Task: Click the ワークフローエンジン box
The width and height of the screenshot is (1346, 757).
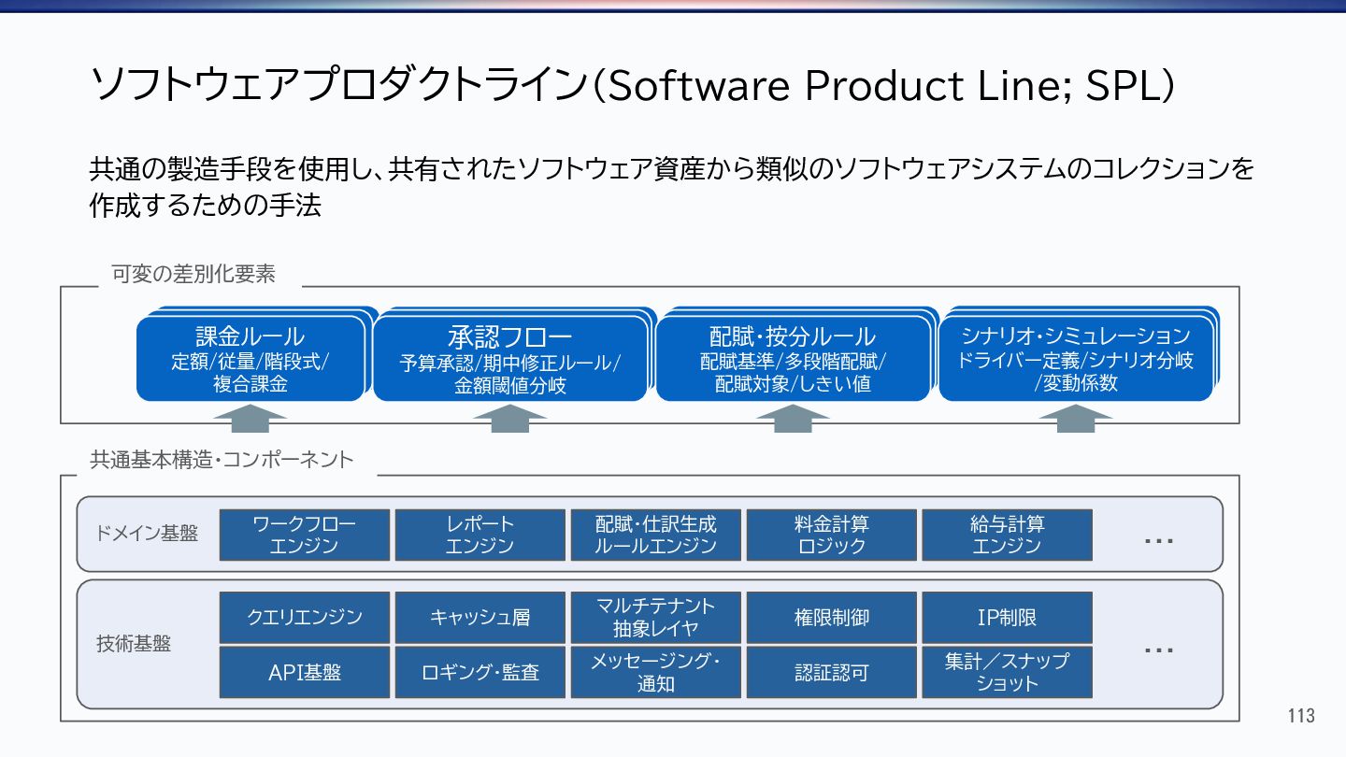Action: click(x=304, y=535)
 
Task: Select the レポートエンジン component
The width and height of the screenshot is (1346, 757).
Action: click(x=480, y=535)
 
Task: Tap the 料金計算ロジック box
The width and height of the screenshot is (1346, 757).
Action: click(x=831, y=535)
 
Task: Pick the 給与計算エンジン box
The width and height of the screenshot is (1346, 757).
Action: click(x=1007, y=535)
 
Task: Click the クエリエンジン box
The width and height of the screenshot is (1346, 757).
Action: click(x=304, y=617)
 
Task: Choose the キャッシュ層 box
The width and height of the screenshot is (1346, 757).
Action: click(x=480, y=617)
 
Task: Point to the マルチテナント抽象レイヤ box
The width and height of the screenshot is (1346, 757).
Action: click(x=655, y=617)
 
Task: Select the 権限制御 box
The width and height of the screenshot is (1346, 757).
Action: click(x=831, y=617)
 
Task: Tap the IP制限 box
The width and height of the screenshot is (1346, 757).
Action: click(x=1007, y=617)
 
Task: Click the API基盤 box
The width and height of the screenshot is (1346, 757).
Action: click(x=304, y=672)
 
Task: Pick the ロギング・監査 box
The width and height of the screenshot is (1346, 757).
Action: click(x=480, y=672)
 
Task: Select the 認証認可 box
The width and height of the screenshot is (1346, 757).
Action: click(x=831, y=672)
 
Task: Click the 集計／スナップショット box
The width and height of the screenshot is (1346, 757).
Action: click(x=1007, y=672)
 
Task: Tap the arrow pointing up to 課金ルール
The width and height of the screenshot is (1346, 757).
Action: click(x=250, y=418)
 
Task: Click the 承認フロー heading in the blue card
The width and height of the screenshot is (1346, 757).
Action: click(x=509, y=336)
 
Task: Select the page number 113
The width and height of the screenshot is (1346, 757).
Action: click(x=1300, y=717)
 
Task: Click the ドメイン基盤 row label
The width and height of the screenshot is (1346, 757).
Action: click(x=147, y=534)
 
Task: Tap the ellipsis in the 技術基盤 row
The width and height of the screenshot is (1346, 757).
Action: click(x=1159, y=650)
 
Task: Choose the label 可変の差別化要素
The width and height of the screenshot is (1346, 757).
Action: click(x=193, y=274)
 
